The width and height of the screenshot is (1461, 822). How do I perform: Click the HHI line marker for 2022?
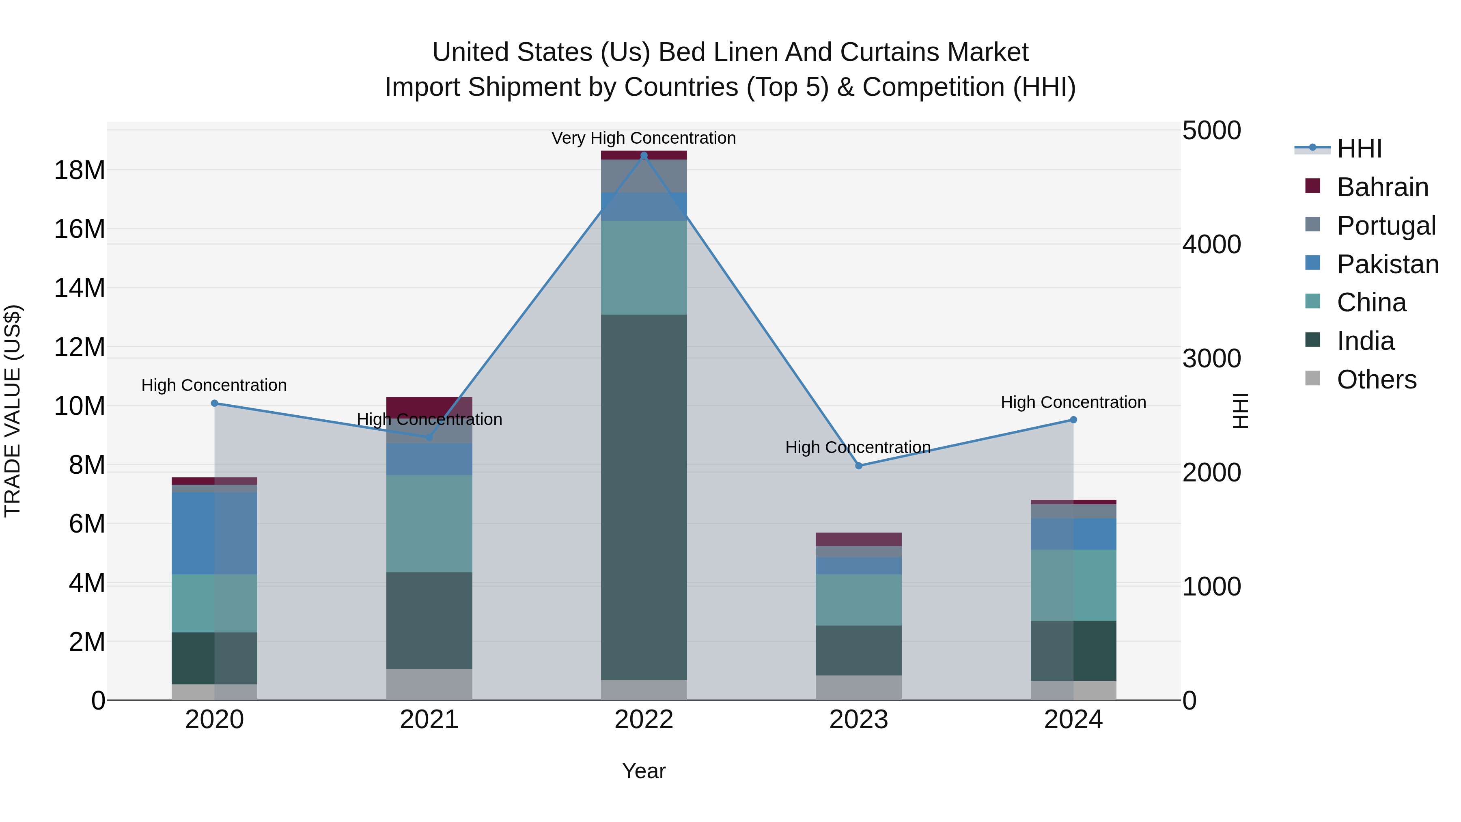pos(644,155)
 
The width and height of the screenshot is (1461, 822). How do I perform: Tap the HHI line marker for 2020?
pos(214,403)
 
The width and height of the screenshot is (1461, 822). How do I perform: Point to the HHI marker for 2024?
pos(1073,420)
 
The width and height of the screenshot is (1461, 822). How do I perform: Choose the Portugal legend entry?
pos(1386,225)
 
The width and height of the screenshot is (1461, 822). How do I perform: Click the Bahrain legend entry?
pos(1382,187)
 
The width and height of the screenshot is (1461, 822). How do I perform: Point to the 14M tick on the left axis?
pos(80,288)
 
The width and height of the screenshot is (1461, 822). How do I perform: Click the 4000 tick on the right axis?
pos(1211,244)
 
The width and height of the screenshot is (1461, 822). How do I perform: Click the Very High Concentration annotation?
pos(644,138)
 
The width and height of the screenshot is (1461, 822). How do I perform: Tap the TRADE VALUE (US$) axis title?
pos(13,411)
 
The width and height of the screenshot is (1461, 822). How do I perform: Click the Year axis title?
pos(644,771)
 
